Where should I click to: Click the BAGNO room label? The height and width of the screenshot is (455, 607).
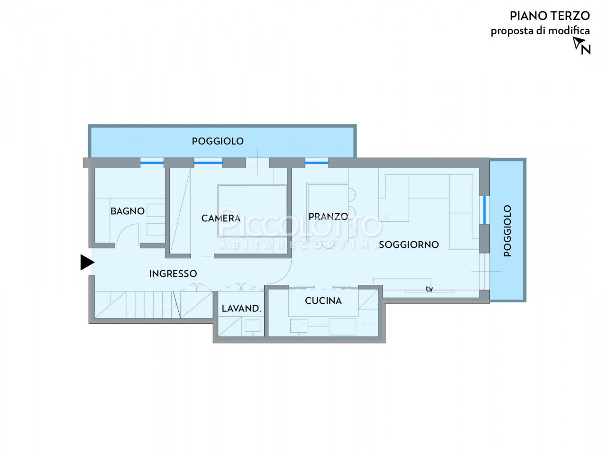point(127,211)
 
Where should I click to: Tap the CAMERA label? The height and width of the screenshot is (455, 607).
point(221,218)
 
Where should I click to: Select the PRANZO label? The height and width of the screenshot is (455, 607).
point(328,216)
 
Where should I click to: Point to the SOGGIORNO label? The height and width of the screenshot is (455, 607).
point(409,245)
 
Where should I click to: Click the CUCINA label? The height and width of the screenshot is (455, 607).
point(323,300)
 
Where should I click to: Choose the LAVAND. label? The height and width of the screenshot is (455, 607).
point(241,308)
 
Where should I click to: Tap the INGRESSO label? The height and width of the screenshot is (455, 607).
point(173,273)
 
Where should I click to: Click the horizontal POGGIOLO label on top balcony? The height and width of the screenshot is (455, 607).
point(218,141)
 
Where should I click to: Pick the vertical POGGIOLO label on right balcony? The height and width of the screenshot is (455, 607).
point(507,231)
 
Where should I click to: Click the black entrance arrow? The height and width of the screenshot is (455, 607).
point(87,262)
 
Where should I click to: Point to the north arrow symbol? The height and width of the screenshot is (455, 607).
point(581,45)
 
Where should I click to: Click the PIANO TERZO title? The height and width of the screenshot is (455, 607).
point(550,16)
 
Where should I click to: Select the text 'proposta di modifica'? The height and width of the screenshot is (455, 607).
point(540,31)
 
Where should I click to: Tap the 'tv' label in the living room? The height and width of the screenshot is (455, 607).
point(429,289)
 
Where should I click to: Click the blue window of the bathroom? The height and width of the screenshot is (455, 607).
point(152,163)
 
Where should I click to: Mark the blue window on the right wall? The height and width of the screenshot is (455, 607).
point(485,210)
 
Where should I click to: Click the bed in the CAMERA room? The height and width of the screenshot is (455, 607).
point(252,211)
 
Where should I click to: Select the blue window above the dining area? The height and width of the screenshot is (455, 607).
point(317,163)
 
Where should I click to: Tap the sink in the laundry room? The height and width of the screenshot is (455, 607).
point(253,326)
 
